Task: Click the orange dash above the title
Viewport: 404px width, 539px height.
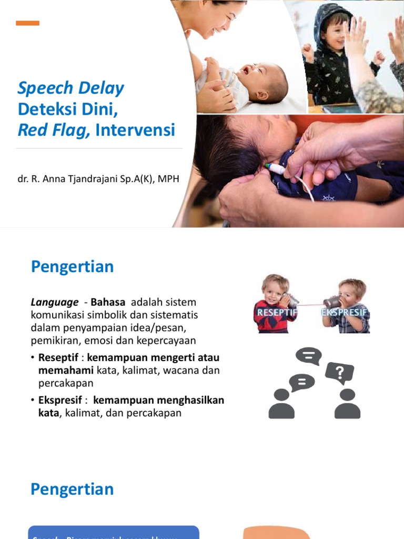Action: tap(27, 23)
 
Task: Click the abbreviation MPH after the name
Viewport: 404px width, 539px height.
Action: tap(169, 179)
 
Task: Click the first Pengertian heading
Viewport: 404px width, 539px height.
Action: tap(72, 267)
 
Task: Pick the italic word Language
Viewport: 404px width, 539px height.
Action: tap(54, 303)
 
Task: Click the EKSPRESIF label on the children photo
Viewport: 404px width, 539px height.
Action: tap(344, 313)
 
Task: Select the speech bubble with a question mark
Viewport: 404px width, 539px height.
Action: tap(339, 373)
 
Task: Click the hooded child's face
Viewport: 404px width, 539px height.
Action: tap(335, 34)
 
